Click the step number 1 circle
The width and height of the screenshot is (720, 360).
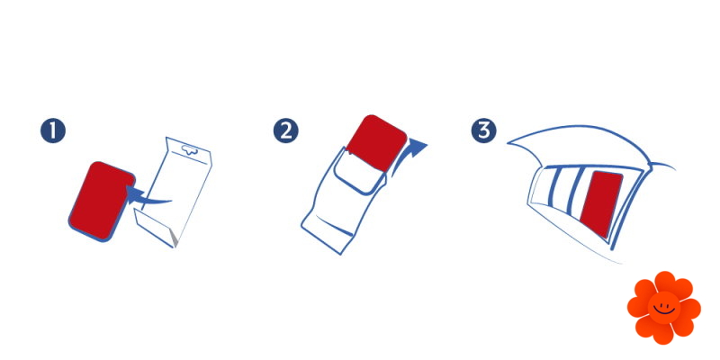click(53, 130)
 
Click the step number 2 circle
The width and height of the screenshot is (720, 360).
click(285, 130)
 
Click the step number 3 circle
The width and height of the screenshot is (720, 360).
click(483, 130)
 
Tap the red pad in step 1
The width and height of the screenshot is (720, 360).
click(102, 201)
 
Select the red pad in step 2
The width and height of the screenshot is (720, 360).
click(376, 143)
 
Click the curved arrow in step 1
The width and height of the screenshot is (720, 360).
click(147, 196)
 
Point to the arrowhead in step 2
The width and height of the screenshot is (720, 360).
click(417, 147)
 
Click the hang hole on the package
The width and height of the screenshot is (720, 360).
click(189, 148)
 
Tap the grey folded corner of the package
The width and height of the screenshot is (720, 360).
click(173, 237)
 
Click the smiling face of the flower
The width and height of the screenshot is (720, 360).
click(664, 308)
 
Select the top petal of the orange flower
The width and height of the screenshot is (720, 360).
click(664, 282)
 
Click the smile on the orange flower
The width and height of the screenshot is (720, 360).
click(664, 311)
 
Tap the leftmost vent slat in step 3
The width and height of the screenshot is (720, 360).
click(555, 189)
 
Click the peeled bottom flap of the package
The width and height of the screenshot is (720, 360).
click(155, 229)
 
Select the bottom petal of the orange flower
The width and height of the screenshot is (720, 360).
click(663, 334)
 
